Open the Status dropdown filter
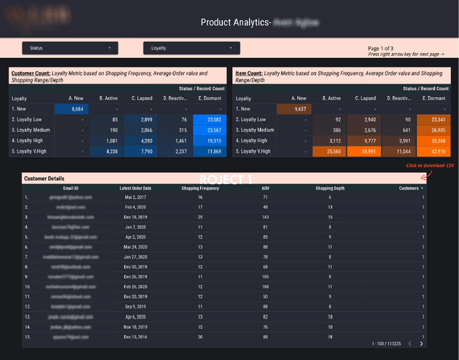click(x=70, y=48)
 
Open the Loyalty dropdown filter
click(x=191, y=48)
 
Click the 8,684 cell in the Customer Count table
click(x=72, y=109)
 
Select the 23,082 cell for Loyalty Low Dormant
click(x=209, y=120)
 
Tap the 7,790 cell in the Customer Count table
click(x=141, y=151)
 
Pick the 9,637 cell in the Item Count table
click(x=294, y=109)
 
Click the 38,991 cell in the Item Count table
click(x=364, y=151)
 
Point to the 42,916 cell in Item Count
click(x=434, y=151)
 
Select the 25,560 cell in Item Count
click(x=329, y=151)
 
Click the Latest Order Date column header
click(x=135, y=188)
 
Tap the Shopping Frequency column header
click(x=200, y=188)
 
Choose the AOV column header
click(x=265, y=188)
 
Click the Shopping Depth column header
click(x=330, y=188)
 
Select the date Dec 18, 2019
click(x=135, y=217)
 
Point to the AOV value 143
click(x=265, y=217)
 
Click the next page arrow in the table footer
click(x=421, y=344)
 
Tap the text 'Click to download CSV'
click(x=430, y=166)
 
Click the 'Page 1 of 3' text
click(x=380, y=48)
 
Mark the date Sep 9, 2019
click(x=135, y=307)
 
